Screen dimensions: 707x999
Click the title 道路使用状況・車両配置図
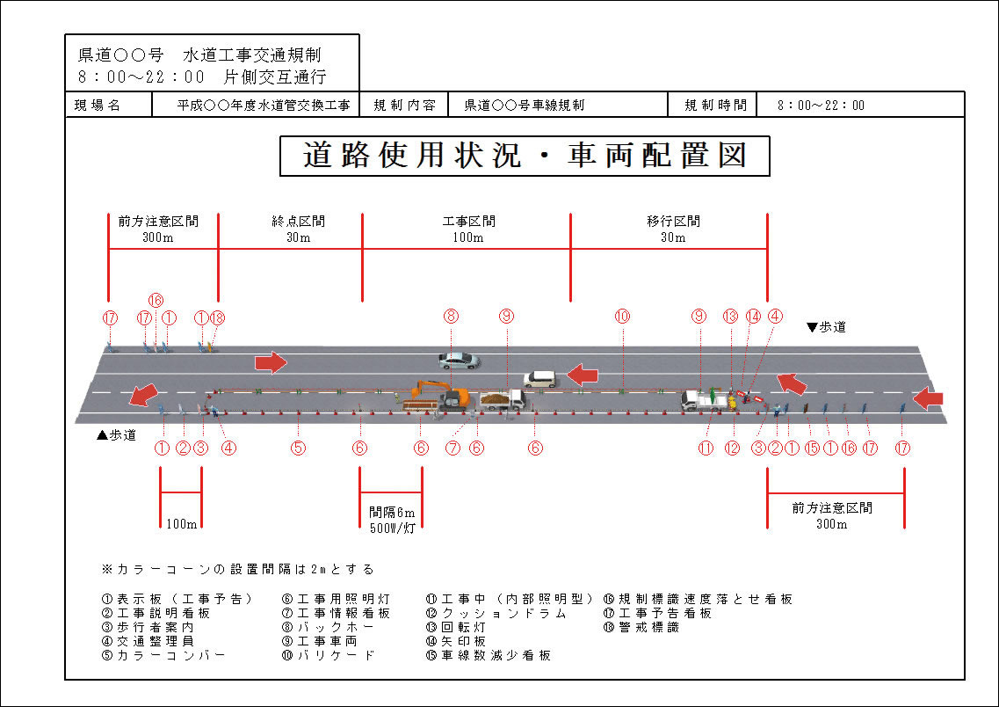point(525,156)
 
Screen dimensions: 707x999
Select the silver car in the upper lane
point(458,360)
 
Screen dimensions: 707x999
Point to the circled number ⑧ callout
point(451,316)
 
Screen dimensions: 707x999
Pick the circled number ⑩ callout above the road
point(622,316)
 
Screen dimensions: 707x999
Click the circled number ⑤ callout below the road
point(299,448)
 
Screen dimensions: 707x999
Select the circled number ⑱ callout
point(218,317)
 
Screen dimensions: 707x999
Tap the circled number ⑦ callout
point(452,448)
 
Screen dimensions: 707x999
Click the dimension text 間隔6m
point(392,513)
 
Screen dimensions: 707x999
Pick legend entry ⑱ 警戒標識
point(641,627)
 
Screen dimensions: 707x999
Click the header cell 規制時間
point(715,106)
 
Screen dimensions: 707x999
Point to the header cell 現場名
point(98,106)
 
